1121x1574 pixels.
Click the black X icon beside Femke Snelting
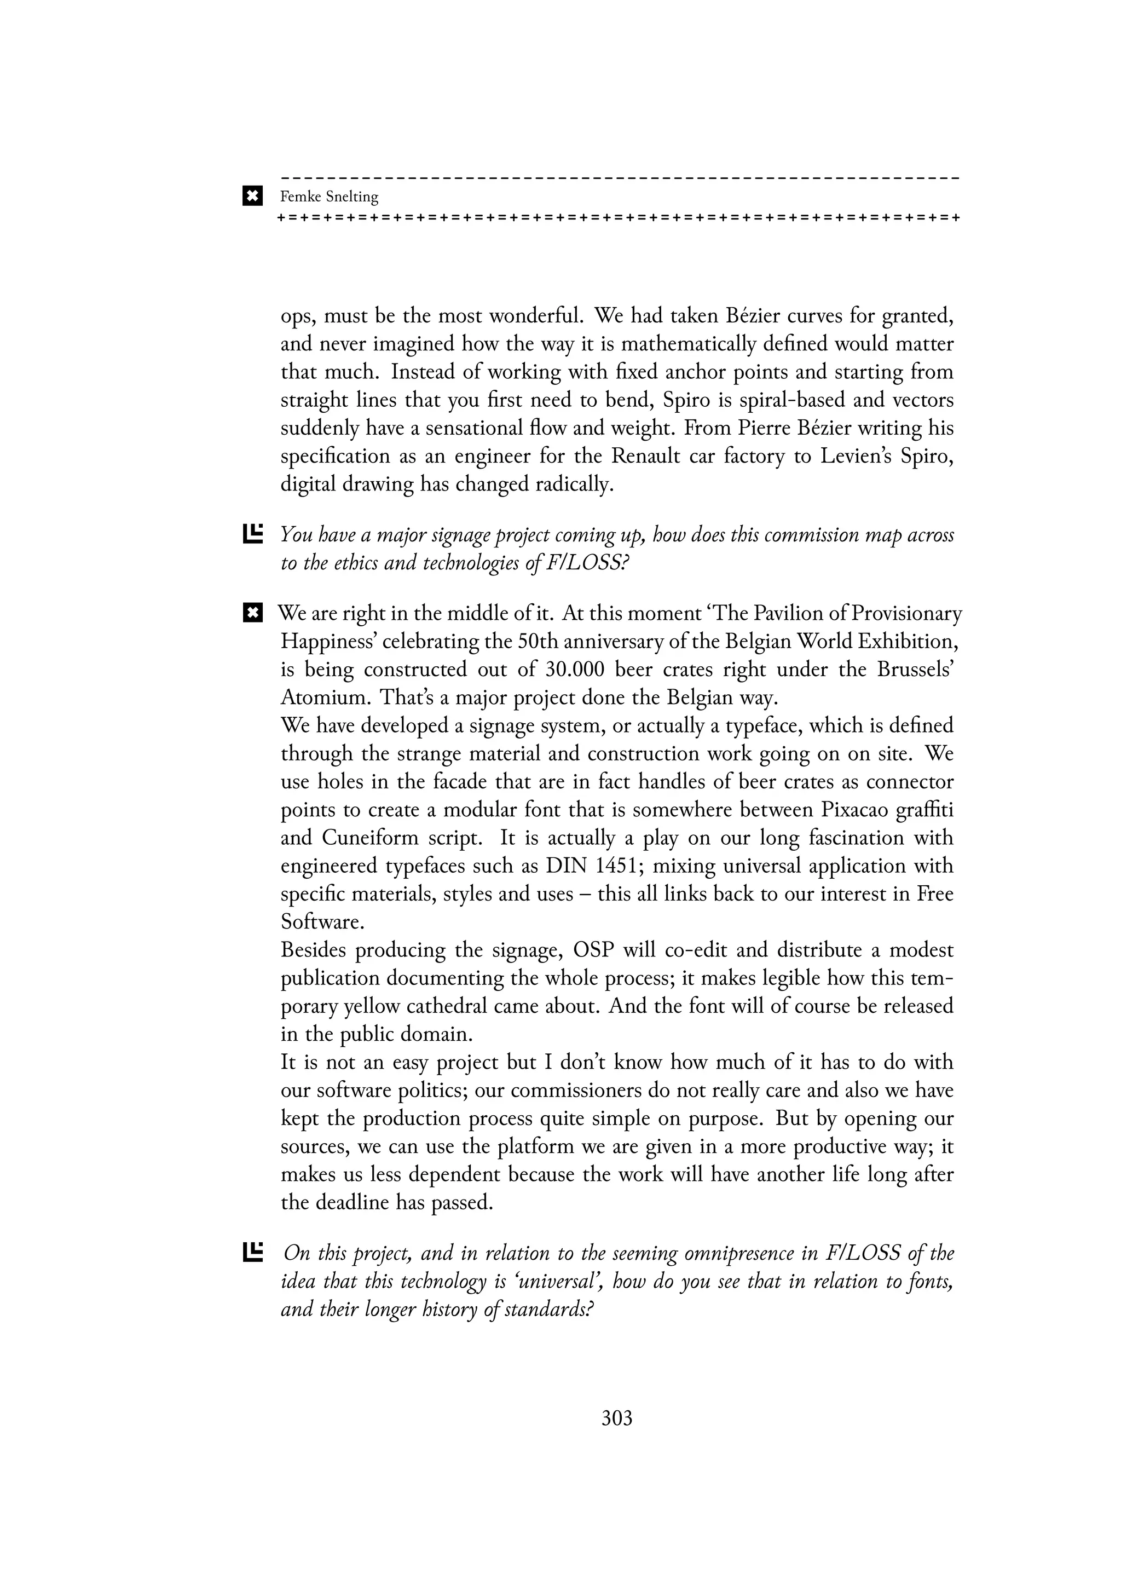tap(253, 197)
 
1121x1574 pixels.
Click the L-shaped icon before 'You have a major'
tap(253, 534)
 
